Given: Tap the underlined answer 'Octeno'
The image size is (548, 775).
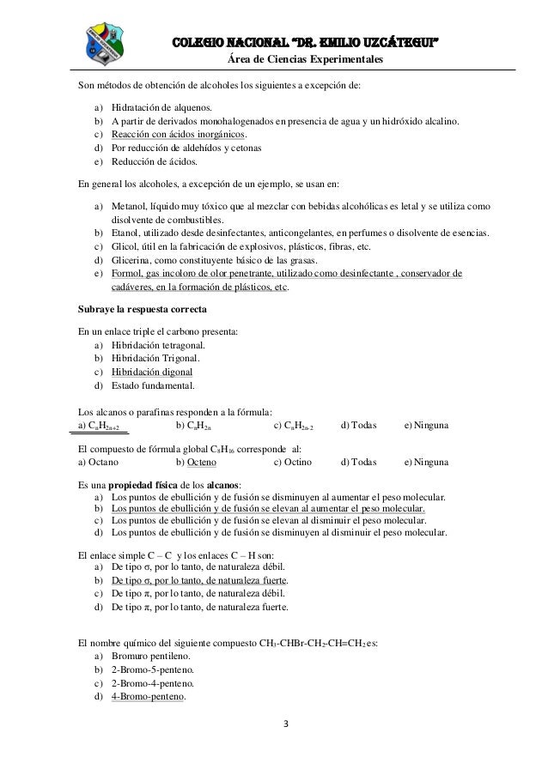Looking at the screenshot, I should coord(202,462).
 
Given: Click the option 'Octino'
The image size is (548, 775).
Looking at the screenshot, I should coord(293,462).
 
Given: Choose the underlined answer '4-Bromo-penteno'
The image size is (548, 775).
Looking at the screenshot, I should coord(148,696).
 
